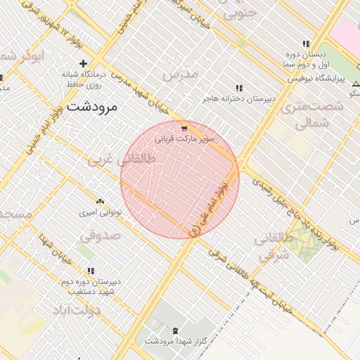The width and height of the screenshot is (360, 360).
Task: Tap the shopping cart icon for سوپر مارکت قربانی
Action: pyautogui.click(x=184, y=129)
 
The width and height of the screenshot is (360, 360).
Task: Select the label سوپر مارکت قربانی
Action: pyautogui.click(x=184, y=139)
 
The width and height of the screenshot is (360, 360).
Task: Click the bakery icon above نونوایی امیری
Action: pyautogui.click(x=99, y=201)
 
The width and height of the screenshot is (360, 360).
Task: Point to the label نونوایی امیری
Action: pyautogui.click(x=99, y=211)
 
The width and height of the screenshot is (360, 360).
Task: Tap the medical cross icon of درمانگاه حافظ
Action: pyautogui.click(x=83, y=63)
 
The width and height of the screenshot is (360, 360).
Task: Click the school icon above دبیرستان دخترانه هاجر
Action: pyautogui.click(x=239, y=88)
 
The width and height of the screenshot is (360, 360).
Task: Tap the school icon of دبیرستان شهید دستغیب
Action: pyautogui.click(x=91, y=271)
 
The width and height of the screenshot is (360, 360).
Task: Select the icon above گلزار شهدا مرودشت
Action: pyautogui.click(x=175, y=330)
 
